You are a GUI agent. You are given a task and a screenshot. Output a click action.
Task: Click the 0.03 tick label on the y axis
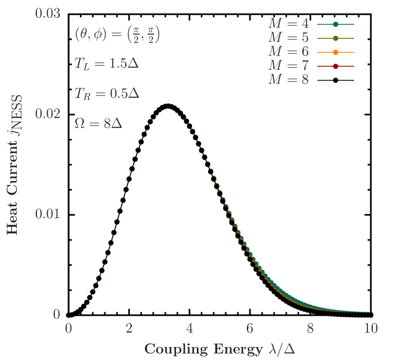[48, 13]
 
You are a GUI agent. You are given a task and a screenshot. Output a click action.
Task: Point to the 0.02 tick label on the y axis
[48, 113]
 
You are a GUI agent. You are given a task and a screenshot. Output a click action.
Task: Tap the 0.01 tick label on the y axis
[48, 213]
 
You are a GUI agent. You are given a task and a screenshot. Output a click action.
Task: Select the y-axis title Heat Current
[15, 164]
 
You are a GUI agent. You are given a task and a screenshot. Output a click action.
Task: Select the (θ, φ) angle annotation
[117, 35]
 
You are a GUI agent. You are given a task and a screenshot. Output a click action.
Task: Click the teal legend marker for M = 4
[336, 24]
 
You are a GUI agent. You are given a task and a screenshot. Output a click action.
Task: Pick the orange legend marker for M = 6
[336, 52]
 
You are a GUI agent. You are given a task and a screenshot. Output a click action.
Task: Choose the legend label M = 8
[288, 79]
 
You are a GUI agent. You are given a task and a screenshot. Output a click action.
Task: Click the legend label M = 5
[288, 38]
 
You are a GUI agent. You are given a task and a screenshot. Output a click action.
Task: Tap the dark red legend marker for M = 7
[336, 66]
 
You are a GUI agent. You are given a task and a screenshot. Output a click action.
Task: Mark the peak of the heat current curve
[168, 105]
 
